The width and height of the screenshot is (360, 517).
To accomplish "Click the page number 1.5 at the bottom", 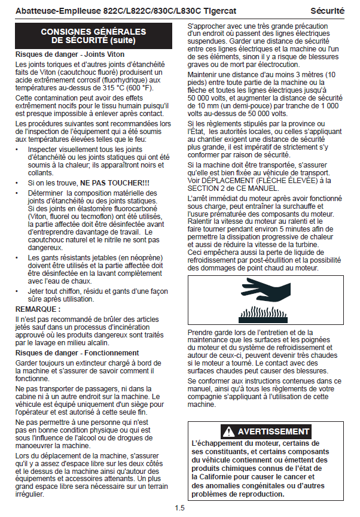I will point(180,508).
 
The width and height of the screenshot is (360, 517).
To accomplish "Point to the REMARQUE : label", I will point(37,309).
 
